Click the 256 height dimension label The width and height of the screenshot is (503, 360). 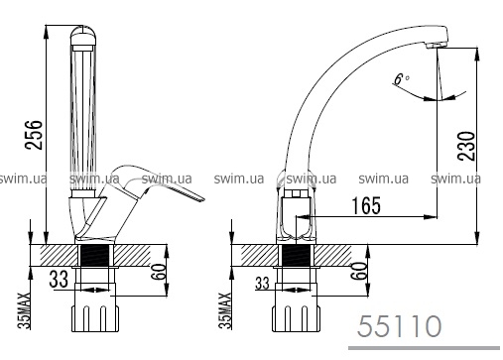(35, 135)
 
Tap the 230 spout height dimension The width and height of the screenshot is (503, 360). (466, 146)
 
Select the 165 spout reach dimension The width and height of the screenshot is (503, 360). (366, 205)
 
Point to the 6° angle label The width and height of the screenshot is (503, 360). (402, 78)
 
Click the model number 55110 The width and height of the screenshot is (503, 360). (399, 326)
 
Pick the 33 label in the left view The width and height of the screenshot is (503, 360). (59, 279)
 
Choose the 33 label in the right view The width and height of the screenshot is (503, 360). (262, 284)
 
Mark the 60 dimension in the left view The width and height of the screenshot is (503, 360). (159, 272)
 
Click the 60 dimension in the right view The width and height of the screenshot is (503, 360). (359, 271)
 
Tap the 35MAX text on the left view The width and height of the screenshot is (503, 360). (24, 310)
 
